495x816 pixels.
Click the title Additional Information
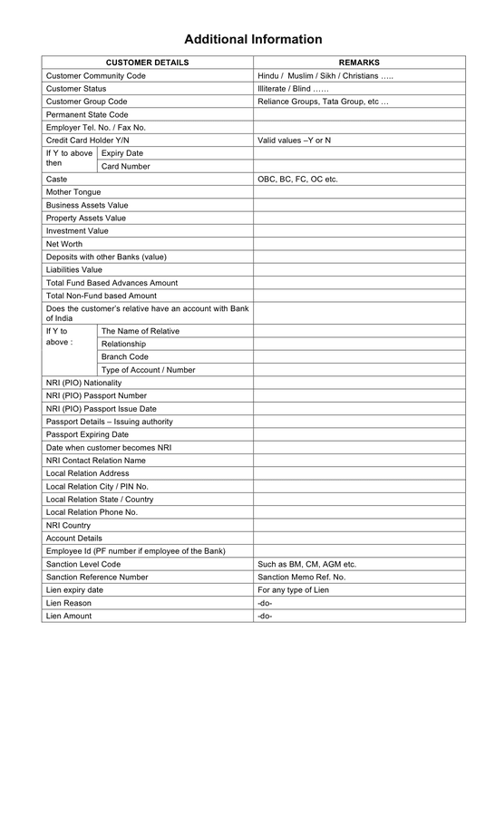click(x=253, y=40)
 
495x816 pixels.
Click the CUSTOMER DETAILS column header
click(x=148, y=63)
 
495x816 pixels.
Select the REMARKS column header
click(x=359, y=63)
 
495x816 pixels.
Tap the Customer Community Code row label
click(x=95, y=76)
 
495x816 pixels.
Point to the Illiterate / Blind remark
click(x=293, y=89)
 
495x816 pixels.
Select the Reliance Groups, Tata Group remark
click(x=323, y=102)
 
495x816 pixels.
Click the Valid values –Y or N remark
click(x=295, y=141)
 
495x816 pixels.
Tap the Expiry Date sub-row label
click(x=122, y=153)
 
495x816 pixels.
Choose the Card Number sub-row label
click(x=126, y=167)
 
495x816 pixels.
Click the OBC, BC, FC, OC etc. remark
click(x=297, y=180)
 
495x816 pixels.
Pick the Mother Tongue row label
click(x=73, y=192)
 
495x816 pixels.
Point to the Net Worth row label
click(x=64, y=244)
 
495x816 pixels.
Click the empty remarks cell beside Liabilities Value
click(x=359, y=270)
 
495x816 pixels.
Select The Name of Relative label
click(x=141, y=331)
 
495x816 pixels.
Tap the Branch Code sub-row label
click(x=125, y=357)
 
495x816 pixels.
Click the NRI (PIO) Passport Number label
click(x=96, y=396)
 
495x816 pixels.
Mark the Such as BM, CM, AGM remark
click(x=306, y=564)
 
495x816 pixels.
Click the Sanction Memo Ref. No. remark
click(x=301, y=577)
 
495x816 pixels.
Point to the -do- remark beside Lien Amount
click(x=265, y=617)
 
